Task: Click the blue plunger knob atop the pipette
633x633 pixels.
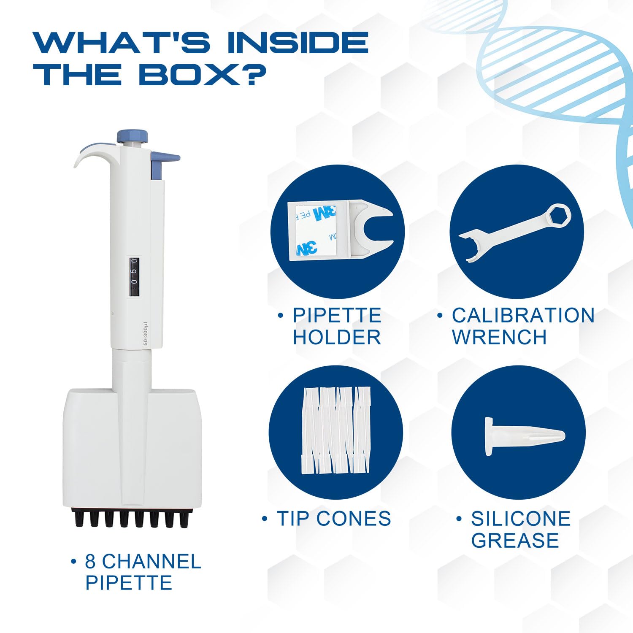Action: [x=133, y=137]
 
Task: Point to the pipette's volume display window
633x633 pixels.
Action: [x=134, y=277]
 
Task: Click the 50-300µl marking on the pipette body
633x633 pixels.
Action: [x=146, y=334]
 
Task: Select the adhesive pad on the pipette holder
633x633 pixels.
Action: [x=312, y=230]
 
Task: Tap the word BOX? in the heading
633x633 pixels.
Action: [x=202, y=75]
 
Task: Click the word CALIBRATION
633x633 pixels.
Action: [x=523, y=315]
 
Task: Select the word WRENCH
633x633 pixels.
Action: [x=499, y=337]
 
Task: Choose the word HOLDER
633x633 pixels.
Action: [x=337, y=337]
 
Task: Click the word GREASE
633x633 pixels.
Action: [x=515, y=540]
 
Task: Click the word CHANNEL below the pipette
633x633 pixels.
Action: [x=151, y=561]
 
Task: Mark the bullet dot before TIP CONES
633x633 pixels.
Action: [x=265, y=518]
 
